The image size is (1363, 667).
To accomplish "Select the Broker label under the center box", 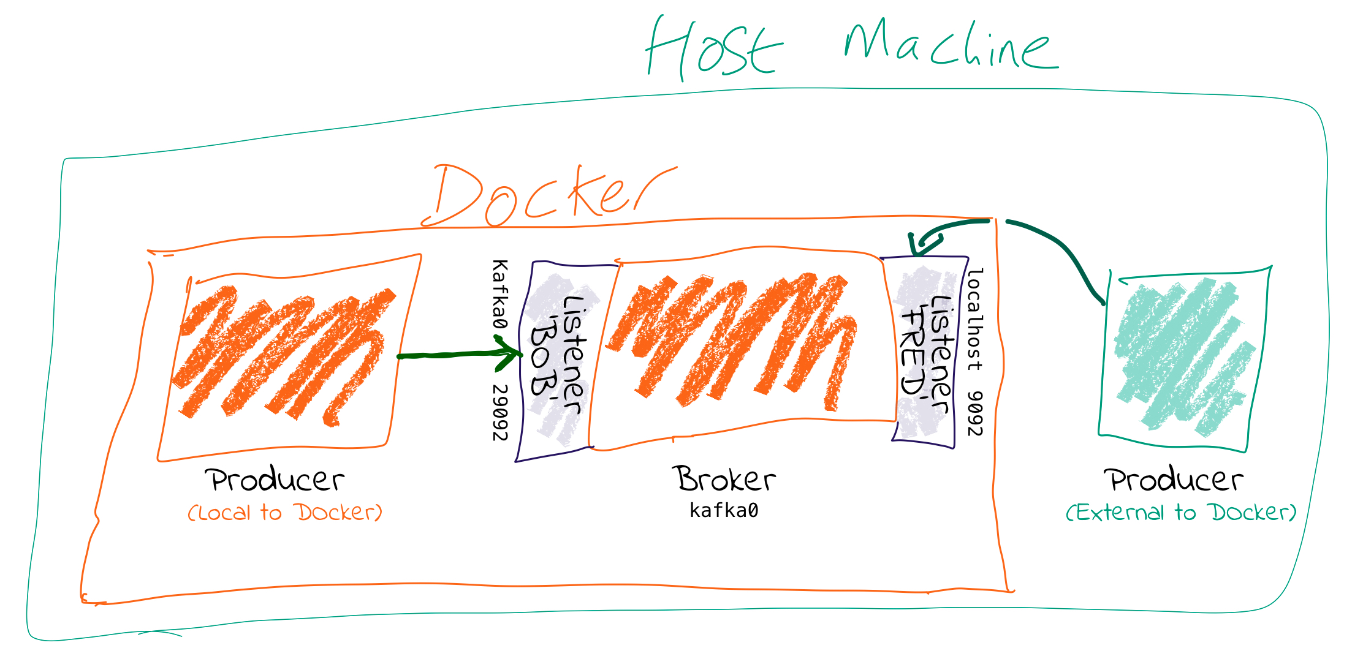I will click(x=725, y=479).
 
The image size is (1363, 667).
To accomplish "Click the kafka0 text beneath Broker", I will click(x=724, y=510).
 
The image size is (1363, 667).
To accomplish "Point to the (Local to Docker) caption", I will click(x=285, y=513).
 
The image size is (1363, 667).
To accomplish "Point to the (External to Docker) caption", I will click(x=1181, y=513).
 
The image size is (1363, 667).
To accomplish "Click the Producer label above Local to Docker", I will click(x=275, y=480).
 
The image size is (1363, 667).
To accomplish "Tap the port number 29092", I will click(x=500, y=412).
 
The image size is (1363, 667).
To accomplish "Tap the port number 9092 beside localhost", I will click(x=974, y=413).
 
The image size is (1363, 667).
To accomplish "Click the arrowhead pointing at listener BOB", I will click(x=512, y=354).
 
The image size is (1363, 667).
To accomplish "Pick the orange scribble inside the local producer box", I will click(x=282, y=355).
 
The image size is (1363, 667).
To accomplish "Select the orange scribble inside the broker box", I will click(x=735, y=340).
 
